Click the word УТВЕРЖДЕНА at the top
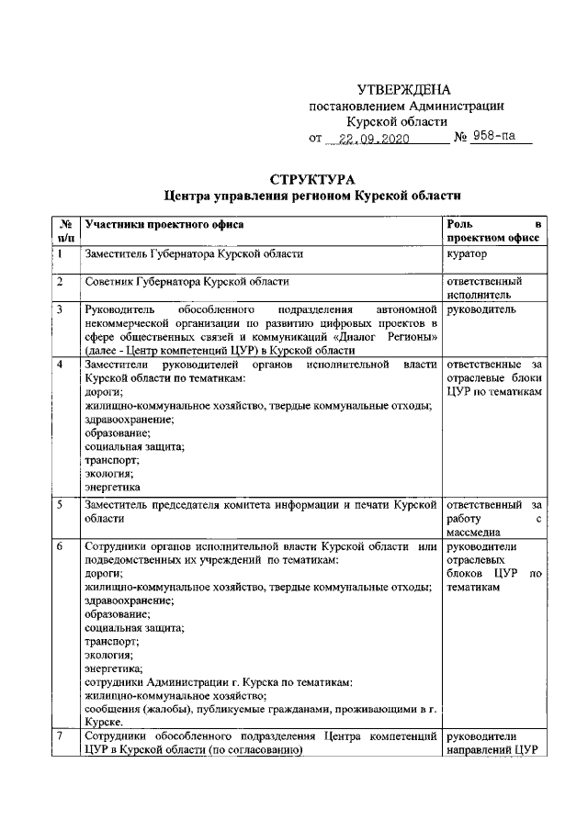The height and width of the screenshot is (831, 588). pyautogui.click(x=404, y=90)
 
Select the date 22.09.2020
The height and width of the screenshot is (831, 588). pyautogui.click(x=373, y=139)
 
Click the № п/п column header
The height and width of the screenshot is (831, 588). pyautogui.click(x=65, y=230)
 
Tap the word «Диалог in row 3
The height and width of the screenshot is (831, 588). pyautogui.click(x=369, y=337)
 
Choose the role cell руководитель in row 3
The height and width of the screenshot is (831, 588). pyautogui.click(x=481, y=310)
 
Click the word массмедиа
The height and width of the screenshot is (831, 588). pyautogui.click(x=473, y=531)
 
